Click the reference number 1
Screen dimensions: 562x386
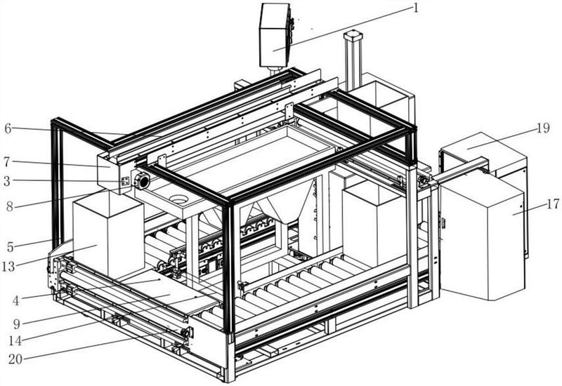point(416,8)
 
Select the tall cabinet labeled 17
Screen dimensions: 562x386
point(485,239)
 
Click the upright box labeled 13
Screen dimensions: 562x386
point(105,239)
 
